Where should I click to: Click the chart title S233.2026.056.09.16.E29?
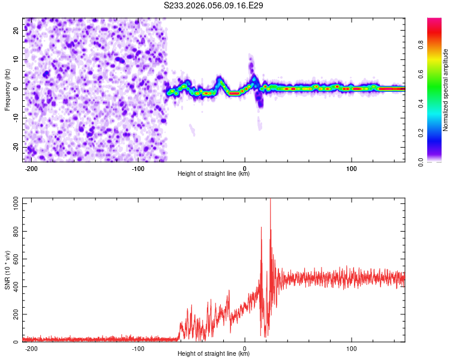click(x=214, y=5)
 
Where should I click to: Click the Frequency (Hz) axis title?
click(x=7, y=89)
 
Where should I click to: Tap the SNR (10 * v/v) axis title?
click(x=7, y=269)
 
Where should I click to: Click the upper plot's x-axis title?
click(x=214, y=174)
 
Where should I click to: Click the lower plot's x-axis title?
click(x=214, y=354)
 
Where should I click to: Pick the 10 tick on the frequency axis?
click(x=16, y=60)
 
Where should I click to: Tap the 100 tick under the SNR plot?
click(x=351, y=348)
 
